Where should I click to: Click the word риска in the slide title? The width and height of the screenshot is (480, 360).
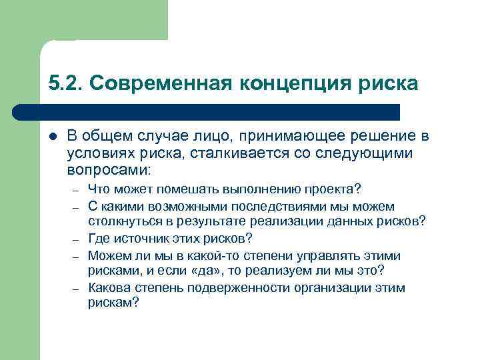(x=387, y=83)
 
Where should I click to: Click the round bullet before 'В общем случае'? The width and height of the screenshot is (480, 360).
(x=53, y=136)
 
